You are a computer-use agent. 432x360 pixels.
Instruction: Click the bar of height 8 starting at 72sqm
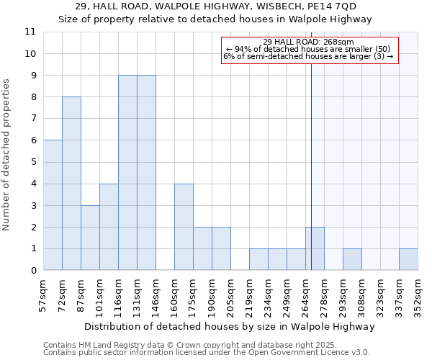[71, 184]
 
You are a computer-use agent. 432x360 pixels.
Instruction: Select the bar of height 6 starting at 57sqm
[53, 205]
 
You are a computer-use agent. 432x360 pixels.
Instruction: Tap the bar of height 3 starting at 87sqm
[90, 238]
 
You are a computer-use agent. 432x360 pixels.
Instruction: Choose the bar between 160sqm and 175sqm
[184, 227]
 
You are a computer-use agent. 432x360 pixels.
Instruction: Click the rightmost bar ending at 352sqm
[408, 260]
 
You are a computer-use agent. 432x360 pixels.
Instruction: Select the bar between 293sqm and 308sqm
[352, 260]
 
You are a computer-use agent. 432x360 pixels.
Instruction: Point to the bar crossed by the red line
[315, 249]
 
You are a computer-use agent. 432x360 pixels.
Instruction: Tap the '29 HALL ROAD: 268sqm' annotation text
[308, 42]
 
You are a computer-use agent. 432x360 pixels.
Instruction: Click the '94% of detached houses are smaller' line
[308, 49]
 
